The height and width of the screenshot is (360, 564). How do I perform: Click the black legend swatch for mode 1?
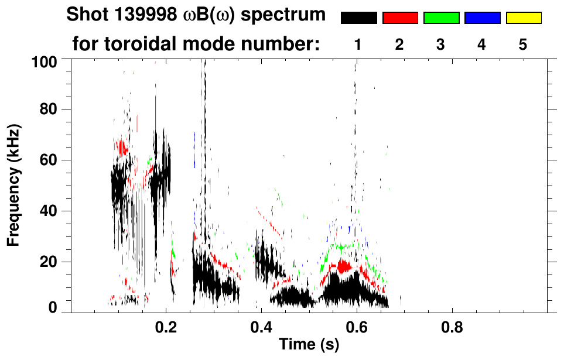coord(359,18)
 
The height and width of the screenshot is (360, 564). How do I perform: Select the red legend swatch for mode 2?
coord(400,18)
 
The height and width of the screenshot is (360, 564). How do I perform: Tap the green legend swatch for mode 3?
coord(441,18)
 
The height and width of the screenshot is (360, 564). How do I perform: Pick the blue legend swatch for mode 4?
coord(482,18)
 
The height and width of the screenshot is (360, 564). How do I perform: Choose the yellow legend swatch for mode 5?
coord(524,18)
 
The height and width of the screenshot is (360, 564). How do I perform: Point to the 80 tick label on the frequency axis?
coord(49,109)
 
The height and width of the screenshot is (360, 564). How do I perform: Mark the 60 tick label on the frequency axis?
coord(49,160)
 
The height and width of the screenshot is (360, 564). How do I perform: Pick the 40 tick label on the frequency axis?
coord(49,211)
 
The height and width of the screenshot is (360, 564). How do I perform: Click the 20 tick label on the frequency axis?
coord(49,262)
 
